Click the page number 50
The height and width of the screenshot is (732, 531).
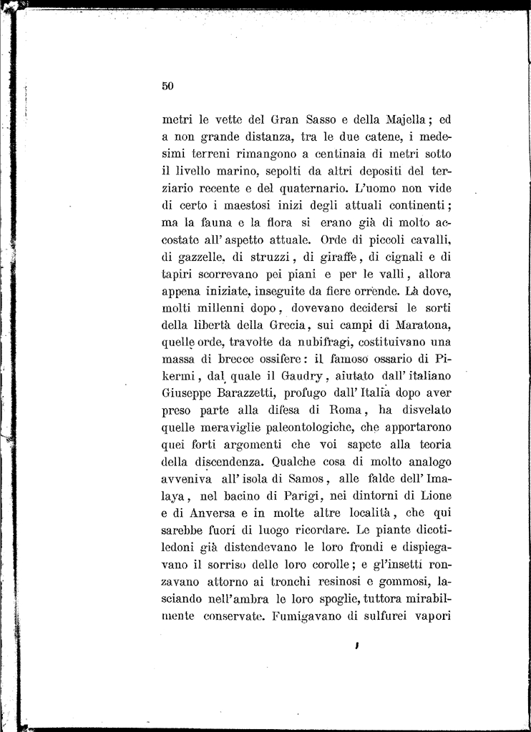(x=168, y=86)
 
